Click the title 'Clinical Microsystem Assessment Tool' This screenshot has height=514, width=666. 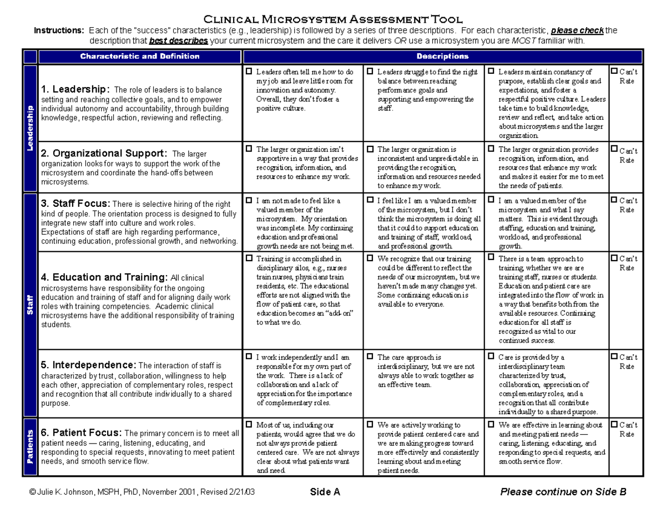(x=333, y=19)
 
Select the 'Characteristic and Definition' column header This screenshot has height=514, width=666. (x=139, y=57)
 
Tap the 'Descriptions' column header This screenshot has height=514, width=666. (x=442, y=57)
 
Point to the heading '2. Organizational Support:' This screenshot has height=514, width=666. (x=103, y=153)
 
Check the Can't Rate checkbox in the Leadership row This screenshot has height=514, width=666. (x=613, y=72)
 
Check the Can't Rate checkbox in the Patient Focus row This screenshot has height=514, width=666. (x=613, y=425)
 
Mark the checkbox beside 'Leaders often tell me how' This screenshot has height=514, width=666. (x=249, y=72)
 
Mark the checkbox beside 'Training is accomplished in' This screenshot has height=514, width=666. (x=249, y=258)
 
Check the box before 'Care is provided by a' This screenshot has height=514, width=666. (x=491, y=357)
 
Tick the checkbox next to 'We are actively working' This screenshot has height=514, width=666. (x=370, y=425)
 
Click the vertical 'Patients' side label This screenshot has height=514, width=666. (x=29, y=446)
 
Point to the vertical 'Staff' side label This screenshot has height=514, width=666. (x=29, y=306)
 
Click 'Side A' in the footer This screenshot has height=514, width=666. (x=325, y=491)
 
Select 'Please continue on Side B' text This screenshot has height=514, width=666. (x=563, y=491)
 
